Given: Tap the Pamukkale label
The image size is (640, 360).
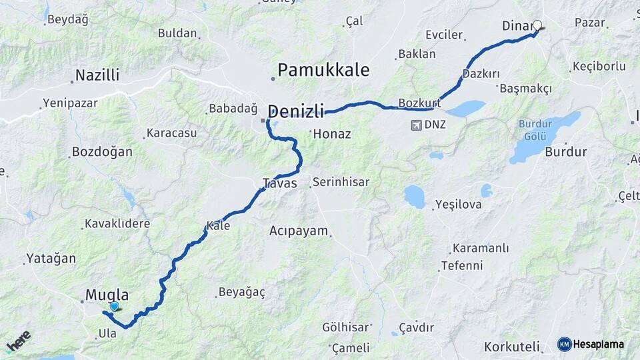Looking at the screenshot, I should click(323, 69).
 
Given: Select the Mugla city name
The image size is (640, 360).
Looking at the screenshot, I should click(107, 295).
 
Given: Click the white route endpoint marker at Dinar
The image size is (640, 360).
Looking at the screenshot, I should click(537, 26).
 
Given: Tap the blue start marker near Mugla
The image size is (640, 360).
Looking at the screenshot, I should click(115, 307).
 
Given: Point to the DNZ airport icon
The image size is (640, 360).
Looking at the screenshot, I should click(417, 125).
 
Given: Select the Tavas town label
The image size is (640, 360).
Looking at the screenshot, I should click(280, 183).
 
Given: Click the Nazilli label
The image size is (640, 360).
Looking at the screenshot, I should click(97, 75).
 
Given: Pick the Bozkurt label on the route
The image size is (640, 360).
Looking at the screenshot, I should click(419, 103).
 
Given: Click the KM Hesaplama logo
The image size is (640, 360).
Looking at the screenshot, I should click(591, 344).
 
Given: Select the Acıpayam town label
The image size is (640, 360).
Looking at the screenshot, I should click(299, 231).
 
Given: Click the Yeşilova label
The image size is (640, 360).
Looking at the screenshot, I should click(458, 205).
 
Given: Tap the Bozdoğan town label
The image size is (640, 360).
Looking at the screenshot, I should click(102, 152).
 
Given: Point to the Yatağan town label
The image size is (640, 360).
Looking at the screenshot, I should click(51, 258).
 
